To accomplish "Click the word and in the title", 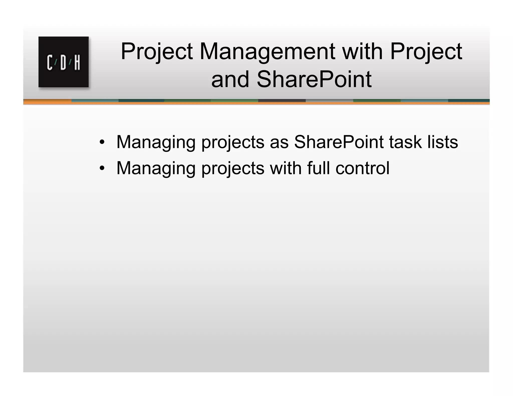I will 230,79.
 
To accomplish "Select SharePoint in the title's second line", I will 314,79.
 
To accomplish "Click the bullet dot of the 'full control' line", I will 102,168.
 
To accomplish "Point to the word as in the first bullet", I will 279,142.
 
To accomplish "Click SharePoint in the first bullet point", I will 339,142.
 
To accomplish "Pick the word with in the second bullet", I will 286,168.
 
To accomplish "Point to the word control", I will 362,168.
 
